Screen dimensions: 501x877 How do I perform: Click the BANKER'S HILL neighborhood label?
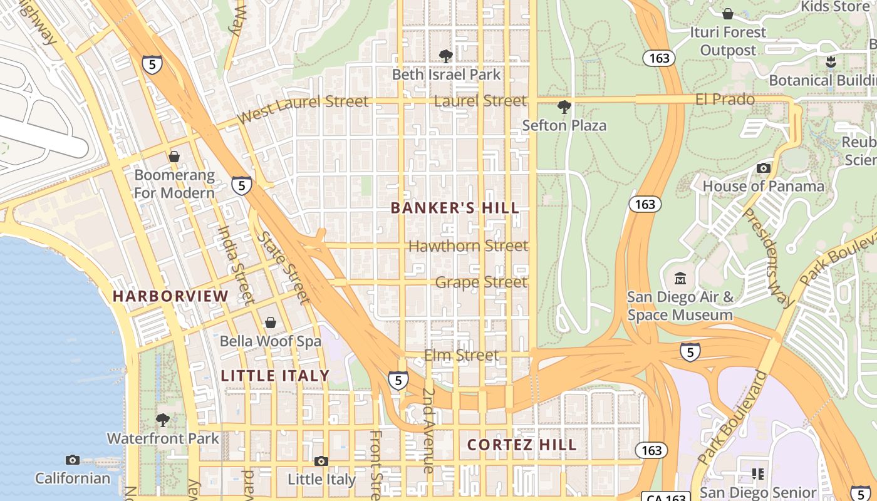[455, 208]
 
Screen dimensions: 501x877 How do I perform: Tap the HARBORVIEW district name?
[170, 296]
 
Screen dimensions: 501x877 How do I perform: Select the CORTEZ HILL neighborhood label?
[522, 445]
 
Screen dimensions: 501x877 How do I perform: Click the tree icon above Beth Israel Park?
[446, 56]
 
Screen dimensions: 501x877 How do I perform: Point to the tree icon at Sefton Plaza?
[564, 107]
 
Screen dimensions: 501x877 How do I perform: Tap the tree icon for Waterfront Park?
[163, 420]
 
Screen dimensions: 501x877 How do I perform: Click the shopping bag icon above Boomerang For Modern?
[174, 157]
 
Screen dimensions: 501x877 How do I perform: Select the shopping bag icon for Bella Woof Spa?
[271, 323]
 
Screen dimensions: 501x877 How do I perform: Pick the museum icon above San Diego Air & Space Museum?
[680, 278]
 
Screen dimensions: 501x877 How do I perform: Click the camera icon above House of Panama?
[763, 168]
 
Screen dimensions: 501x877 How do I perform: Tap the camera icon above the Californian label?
[73, 460]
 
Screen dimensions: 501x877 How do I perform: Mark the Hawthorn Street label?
[468, 246]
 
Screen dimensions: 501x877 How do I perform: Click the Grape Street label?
[481, 282]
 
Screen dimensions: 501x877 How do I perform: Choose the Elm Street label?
[462, 356]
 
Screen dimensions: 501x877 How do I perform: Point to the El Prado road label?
[725, 100]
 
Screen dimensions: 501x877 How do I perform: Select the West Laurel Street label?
[303, 109]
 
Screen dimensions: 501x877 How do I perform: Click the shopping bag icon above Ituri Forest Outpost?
[728, 14]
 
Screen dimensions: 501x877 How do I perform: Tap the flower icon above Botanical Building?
[831, 62]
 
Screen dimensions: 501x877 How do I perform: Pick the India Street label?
[236, 264]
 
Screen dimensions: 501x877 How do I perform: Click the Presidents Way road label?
[768, 257]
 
